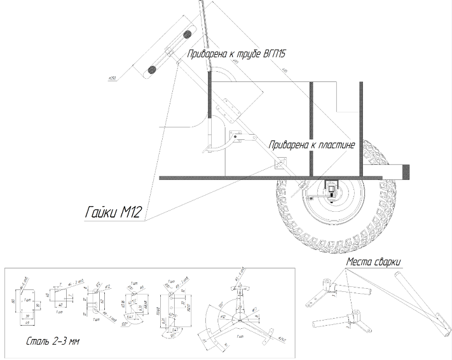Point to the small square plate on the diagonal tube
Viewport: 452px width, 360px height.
pos(277,163)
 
